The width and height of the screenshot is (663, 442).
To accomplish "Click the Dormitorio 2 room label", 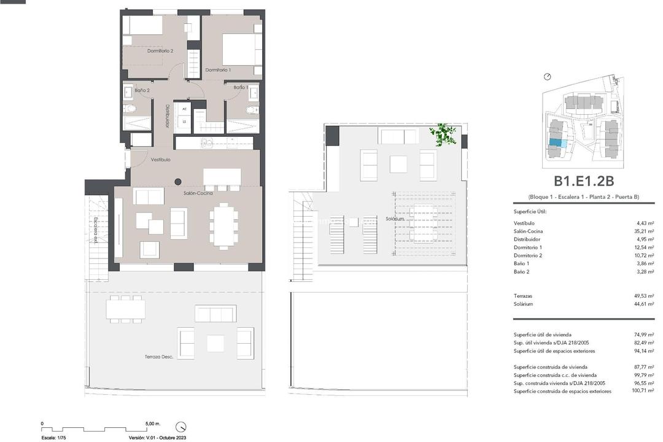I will [x=160, y=51].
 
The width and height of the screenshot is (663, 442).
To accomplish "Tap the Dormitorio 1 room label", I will [x=218, y=70].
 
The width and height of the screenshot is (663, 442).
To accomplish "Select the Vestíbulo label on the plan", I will [x=160, y=160].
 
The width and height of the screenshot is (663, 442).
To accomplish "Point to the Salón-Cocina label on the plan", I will [x=198, y=193].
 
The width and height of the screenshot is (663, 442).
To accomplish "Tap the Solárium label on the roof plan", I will [x=395, y=219].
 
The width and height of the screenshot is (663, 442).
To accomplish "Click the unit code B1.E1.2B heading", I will [x=584, y=181].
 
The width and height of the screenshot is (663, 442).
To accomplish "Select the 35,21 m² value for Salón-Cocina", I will [x=643, y=231].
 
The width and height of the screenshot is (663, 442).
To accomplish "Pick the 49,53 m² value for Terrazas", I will [x=643, y=296].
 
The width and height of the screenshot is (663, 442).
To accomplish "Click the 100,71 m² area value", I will [x=642, y=391].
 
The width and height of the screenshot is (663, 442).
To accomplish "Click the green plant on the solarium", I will [x=443, y=134].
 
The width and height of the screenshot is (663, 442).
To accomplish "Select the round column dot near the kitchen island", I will [x=178, y=182].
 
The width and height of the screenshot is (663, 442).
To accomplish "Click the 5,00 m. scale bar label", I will [x=152, y=424].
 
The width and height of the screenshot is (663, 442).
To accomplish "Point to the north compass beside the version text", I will [x=180, y=427].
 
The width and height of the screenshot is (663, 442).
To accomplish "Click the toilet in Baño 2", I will [x=130, y=109].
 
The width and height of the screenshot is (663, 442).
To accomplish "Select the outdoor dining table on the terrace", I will [x=125, y=309].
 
